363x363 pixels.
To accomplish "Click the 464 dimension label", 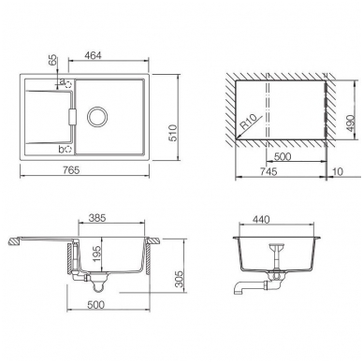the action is pyautogui.click(x=93, y=55).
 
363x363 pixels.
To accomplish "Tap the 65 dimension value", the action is pyautogui.click(x=53, y=59).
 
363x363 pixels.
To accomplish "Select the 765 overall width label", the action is pyautogui.click(x=71, y=170).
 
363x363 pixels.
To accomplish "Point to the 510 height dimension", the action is pyautogui.click(x=172, y=133).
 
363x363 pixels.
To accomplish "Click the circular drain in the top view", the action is pyautogui.click(x=97, y=117).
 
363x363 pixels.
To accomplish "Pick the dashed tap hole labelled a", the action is pyautogui.click(x=68, y=85).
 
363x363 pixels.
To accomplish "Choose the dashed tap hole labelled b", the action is pyautogui.click(x=68, y=150).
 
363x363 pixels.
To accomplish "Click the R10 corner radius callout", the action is pyautogui.click(x=248, y=123).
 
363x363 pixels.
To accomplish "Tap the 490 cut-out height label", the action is pyautogui.click(x=351, y=123).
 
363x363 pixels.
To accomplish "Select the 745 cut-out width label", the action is pyautogui.click(x=269, y=171).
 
